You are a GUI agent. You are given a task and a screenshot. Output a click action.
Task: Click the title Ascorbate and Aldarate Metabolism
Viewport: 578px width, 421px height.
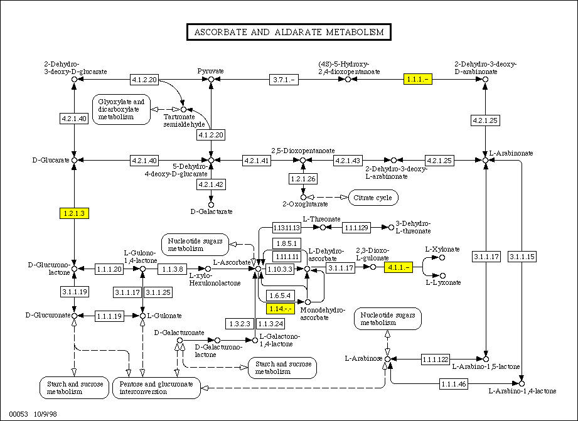tap(289, 32)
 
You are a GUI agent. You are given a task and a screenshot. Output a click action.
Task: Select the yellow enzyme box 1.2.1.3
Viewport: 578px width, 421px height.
tap(75, 213)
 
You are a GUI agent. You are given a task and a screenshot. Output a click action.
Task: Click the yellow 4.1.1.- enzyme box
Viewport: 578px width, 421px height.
tap(399, 267)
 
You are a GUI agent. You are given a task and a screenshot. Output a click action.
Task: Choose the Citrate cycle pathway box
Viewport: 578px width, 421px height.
tap(373, 198)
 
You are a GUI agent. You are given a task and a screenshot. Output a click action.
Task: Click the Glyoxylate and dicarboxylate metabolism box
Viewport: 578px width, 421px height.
tap(121, 109)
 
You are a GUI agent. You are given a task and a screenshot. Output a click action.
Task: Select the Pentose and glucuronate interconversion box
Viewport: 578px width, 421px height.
tap(156, 387)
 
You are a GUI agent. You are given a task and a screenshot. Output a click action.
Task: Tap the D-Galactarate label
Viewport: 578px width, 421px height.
tap(211, 211)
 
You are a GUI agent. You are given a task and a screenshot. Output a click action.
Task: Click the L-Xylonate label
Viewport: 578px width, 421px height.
tap(442, 249)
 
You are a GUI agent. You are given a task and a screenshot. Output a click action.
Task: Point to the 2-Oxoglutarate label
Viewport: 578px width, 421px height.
tap(305, 204)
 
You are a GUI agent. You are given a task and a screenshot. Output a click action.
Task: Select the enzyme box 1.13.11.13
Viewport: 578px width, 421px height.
tap(286, 226)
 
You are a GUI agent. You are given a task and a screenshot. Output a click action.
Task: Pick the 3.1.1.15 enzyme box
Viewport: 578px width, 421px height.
tap(522, 256)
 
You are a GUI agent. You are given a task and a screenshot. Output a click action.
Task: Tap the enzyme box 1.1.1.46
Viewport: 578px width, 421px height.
tap(453, 383)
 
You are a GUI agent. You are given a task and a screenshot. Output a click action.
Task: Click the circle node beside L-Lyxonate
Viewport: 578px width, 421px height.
tap(442, 275)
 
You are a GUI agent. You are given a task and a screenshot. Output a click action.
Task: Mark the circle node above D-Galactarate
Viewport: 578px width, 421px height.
tap(211, 203)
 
